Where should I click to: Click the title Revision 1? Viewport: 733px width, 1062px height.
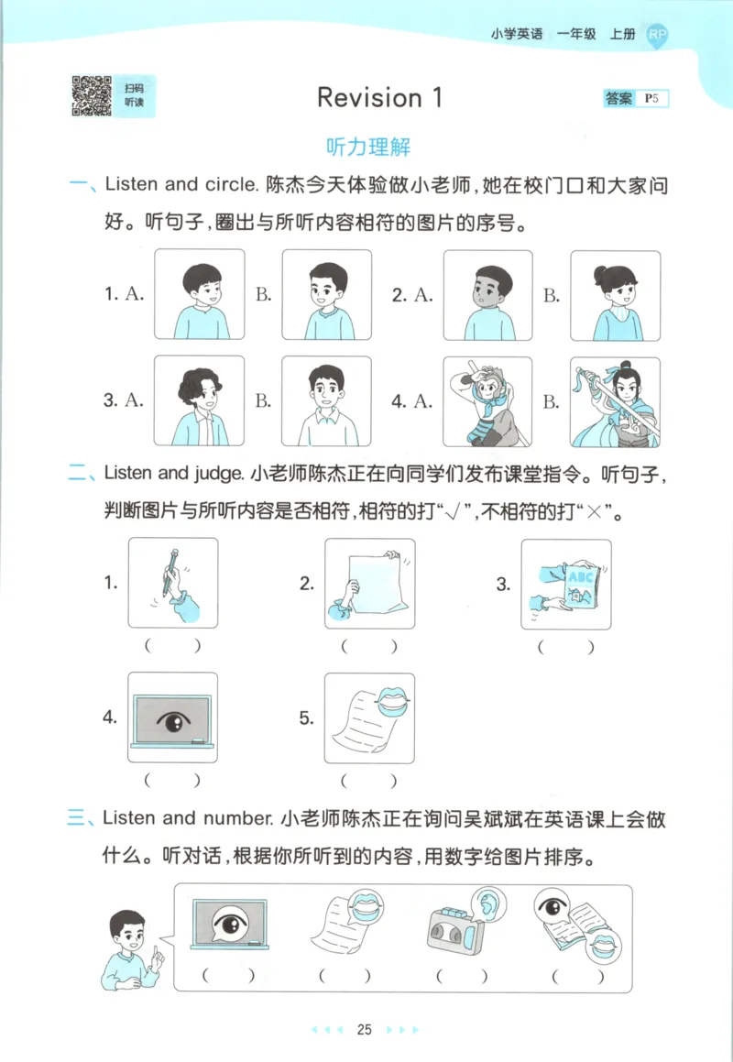tap(379, 98)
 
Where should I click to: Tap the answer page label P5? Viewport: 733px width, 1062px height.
tap(652, 98)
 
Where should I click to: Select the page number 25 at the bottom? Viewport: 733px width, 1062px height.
tap(364, 1029)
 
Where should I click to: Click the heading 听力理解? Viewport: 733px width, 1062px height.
tap(367, 147)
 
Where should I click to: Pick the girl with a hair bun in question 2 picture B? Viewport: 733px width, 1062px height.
tap(615, 295)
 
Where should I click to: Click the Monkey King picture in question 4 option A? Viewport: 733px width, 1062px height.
tap(487, 401)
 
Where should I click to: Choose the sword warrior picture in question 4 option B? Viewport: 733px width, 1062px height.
tap(615, 401)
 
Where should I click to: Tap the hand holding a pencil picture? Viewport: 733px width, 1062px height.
tap(173, 583)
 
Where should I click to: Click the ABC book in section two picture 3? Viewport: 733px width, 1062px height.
tap(566, 583)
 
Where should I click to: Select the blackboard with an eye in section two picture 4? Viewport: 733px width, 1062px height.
tap(173, 718)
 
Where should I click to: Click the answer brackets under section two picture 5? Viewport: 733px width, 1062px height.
tap(369, 782)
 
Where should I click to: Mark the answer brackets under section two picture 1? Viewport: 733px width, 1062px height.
tap(173, 646)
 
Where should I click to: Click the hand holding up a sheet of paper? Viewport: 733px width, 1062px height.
tap(369, 583)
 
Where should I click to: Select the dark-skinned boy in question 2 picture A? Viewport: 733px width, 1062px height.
tap(487, 295)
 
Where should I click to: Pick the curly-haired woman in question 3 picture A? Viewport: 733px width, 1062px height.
tap(199, 401)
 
